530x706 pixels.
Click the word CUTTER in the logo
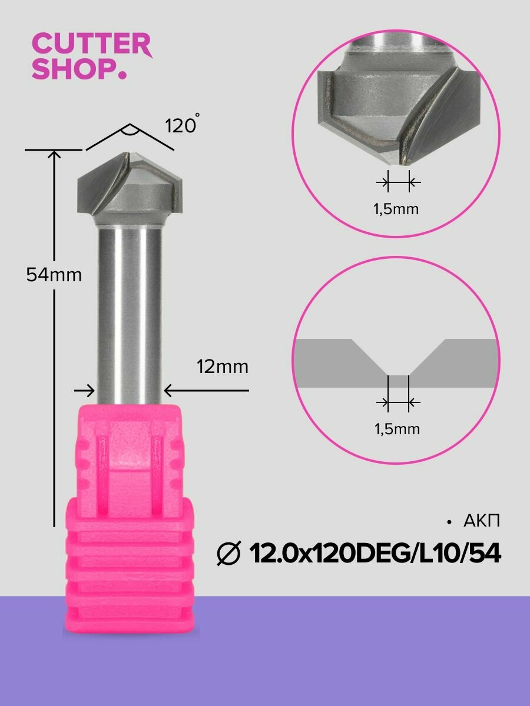click(x=91, y=45)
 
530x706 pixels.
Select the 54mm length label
click(x=54, y=274)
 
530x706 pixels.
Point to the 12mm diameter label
click(x=222, y=367)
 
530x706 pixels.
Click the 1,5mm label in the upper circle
click(x=396, y=209)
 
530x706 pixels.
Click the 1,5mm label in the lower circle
click(x=397, y=429)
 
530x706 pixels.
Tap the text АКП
click(x=482, y=521)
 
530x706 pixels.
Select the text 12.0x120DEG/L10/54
click(x=375, y=554)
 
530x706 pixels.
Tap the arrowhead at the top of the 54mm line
click(x=54, y=155)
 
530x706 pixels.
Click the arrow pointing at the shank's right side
click(x=168, y=390)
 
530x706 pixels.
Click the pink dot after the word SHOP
click(x=122, y=75)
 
